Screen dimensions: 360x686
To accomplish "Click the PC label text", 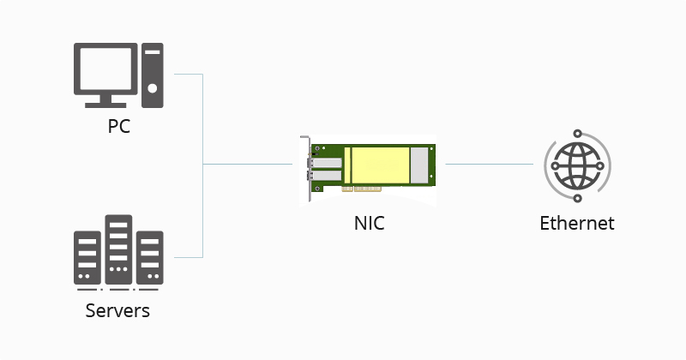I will click(x=118, y=127).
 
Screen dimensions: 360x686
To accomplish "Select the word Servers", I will click(x=117, y=309).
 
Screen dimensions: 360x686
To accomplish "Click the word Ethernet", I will click(x=577, y=223).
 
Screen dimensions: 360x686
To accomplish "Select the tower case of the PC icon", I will click(x=152, y=75).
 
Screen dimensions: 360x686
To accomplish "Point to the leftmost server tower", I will click(x=87, y=257).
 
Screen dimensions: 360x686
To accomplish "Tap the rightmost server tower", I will click(x=150, y=257).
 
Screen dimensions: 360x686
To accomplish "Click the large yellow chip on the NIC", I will click(x=376, y=164).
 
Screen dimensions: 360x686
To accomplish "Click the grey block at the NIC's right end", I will click(x=418, y=164).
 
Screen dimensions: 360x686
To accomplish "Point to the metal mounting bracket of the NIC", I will click(x=305, y=170).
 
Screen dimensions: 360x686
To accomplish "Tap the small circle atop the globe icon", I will click(x=577, y=134).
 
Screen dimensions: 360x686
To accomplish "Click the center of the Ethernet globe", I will click(x=577, y=164).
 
